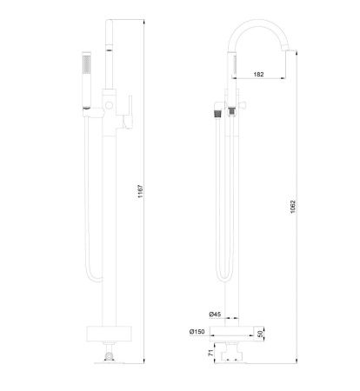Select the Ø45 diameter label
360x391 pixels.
(x=215, y=314)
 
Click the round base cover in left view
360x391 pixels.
(x=108, y=334)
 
